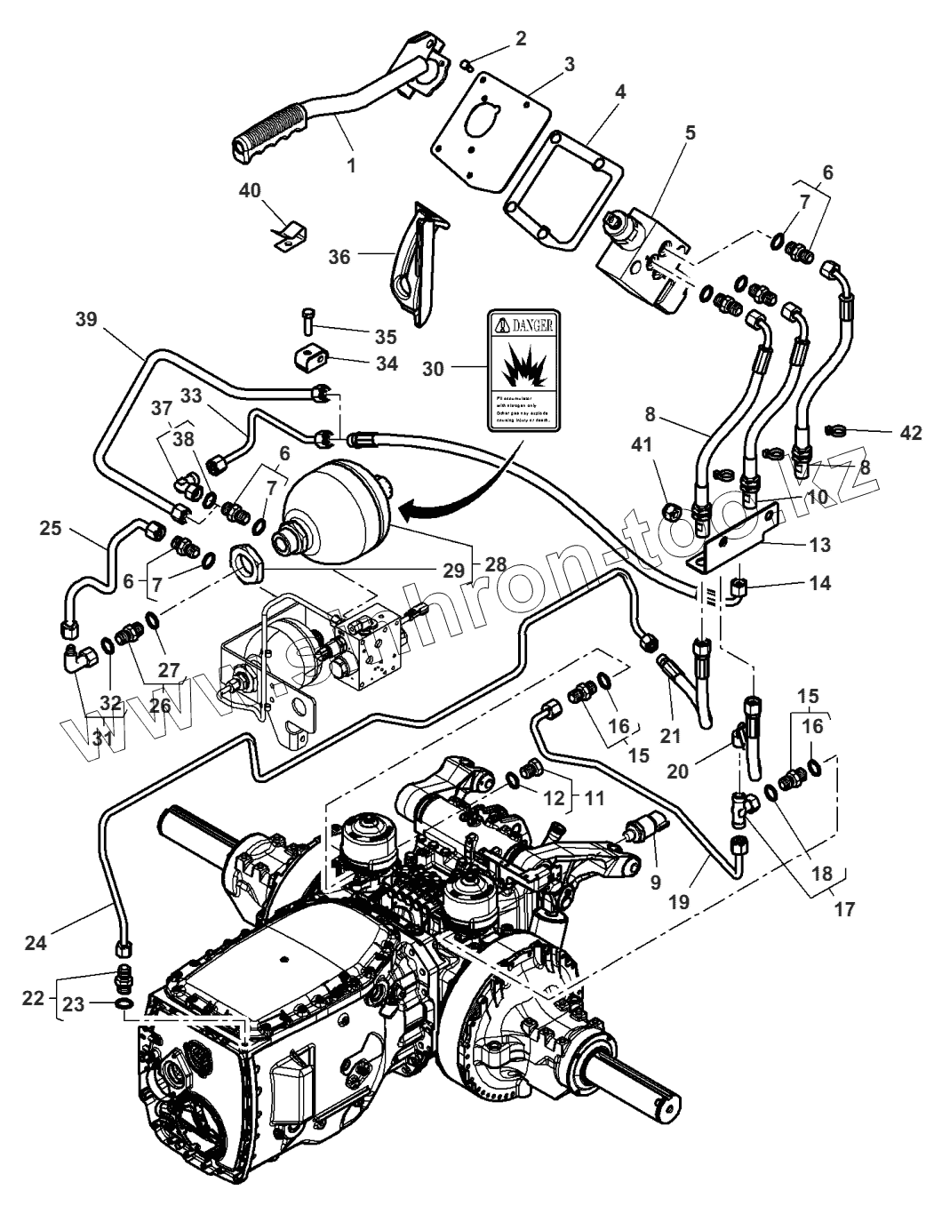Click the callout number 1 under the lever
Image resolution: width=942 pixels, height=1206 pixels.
tap(351, 165)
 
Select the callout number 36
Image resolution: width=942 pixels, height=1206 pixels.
tap(339, 256)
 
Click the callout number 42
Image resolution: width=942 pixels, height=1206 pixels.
tap(910, 432)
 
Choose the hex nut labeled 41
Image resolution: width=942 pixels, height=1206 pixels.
tap(674, 510)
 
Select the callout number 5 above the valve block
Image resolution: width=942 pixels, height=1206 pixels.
tap(690, 132)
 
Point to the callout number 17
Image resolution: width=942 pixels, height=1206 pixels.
tap(843, 909)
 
